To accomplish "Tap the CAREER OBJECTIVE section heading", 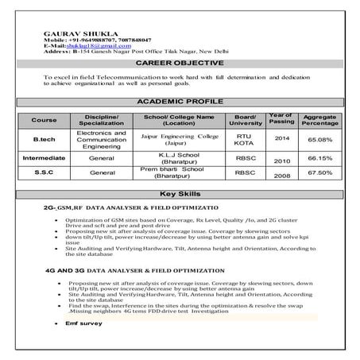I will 180,62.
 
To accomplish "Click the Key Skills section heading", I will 180,194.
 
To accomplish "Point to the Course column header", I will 45,120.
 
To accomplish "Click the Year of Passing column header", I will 281,118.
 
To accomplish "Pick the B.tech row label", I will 45,139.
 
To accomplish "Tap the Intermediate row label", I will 45,157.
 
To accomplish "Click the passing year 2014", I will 281,138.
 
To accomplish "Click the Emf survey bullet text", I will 72,324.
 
